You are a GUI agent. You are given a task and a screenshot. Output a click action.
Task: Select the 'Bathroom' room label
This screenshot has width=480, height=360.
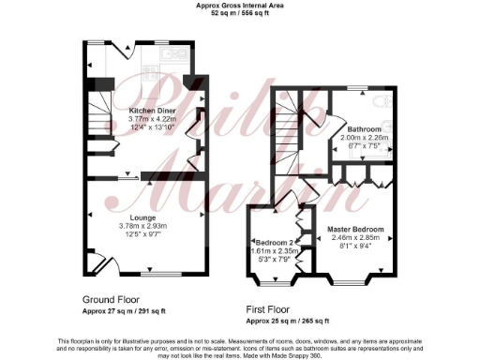pos(363,128)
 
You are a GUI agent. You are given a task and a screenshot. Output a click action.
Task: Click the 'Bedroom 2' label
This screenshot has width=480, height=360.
pos(274,242)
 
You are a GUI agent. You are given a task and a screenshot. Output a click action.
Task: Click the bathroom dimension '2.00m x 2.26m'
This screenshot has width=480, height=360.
pos(363,137)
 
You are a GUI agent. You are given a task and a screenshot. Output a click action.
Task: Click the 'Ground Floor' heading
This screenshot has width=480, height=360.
pos(112,299)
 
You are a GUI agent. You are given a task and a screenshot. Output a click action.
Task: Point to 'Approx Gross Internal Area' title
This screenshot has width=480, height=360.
pos(239,5)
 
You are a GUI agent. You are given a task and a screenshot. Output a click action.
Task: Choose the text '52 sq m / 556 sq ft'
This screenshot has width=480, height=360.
pos(239,13)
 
